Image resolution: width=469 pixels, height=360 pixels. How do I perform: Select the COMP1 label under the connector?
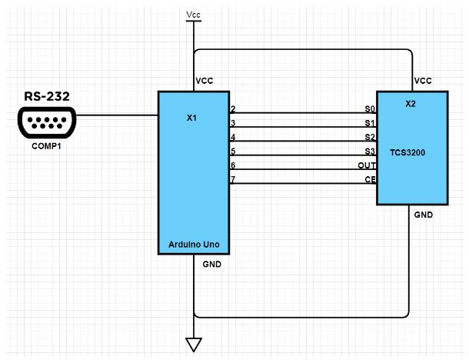pyautogui.click(x=45, y=145)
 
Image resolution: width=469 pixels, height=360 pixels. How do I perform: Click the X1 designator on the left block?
pyautogui.click(x=192, y=119)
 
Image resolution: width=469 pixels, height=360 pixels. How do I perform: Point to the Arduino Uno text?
pyautogui.click(x=195, y=245)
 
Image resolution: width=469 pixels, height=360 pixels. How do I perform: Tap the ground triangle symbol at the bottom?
pyautogui.click(x=194, y=345)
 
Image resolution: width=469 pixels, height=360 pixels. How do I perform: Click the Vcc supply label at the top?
pyautogui.click(x=194, y=14)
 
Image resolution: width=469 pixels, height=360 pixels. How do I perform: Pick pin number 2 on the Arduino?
pyautogui.click(x=233, y=109)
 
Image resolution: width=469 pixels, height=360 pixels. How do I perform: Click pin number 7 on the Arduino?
pyautogui.click(x=233, y=179)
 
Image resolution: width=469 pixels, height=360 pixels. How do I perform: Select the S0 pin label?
pyautogui.click(x=369, y=110)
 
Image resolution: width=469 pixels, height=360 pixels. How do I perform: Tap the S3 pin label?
pyautogui.click(x=369, y=152)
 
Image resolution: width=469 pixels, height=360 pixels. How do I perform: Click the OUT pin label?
pyautogui.click(x=366, y=165)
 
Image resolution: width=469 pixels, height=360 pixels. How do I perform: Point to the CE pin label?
pyautogui.click(x=369, y=179)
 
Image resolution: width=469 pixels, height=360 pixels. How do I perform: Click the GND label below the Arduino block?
pyautogui.click(x=211, y=264)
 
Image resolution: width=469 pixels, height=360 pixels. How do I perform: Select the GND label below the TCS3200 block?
pyautogui.click(x=423, y=215)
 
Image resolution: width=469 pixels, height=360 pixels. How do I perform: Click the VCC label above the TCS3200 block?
pyautogui.click(x=422, y=81)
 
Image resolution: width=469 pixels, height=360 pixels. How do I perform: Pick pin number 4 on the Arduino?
pyautogui.click(x=233, y=137)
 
